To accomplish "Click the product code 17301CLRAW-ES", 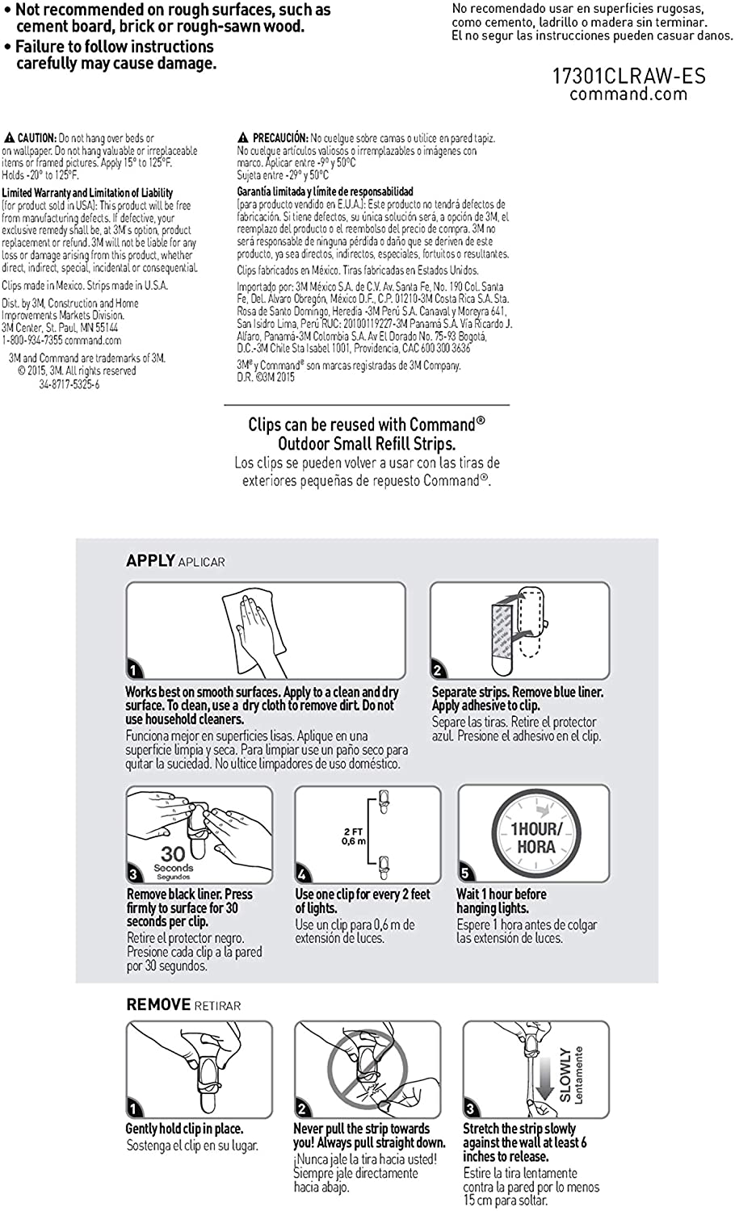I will [628, 77].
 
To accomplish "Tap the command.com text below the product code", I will [628, 94].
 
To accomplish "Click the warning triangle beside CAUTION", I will [9, 138].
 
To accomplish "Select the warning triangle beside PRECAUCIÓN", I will [243, 138].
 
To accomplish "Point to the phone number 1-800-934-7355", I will [31, 341].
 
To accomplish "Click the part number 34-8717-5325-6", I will [69, 385].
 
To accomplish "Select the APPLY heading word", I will [150, 561].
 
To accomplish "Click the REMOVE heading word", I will [157, 1005].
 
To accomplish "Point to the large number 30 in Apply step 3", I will [173, 853].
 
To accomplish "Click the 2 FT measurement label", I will [353, 832].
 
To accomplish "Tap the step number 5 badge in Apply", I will [465, 873].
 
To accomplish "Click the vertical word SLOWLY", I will [565, 1075].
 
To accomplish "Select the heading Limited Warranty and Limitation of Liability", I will [87, 193].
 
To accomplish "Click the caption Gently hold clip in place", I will [184, 1129].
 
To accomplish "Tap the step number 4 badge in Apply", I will [302, 874].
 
